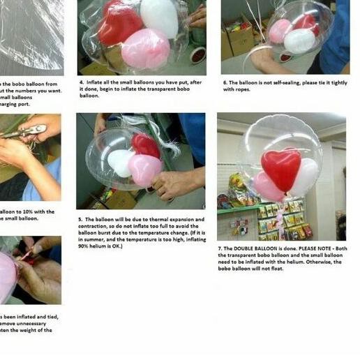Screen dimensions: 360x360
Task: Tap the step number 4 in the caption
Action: [x=81, y=82]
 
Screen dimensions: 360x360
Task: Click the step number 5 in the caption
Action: [x=80, y=219]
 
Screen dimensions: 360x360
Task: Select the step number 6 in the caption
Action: [x=225, y=82]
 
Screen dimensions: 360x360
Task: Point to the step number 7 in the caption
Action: [x=220, y=248]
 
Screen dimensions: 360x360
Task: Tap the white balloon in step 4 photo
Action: [x=160, y=17]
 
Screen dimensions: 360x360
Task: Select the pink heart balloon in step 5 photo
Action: [x=144, y=170]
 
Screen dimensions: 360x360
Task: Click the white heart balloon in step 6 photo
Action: [x=299, y=40]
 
